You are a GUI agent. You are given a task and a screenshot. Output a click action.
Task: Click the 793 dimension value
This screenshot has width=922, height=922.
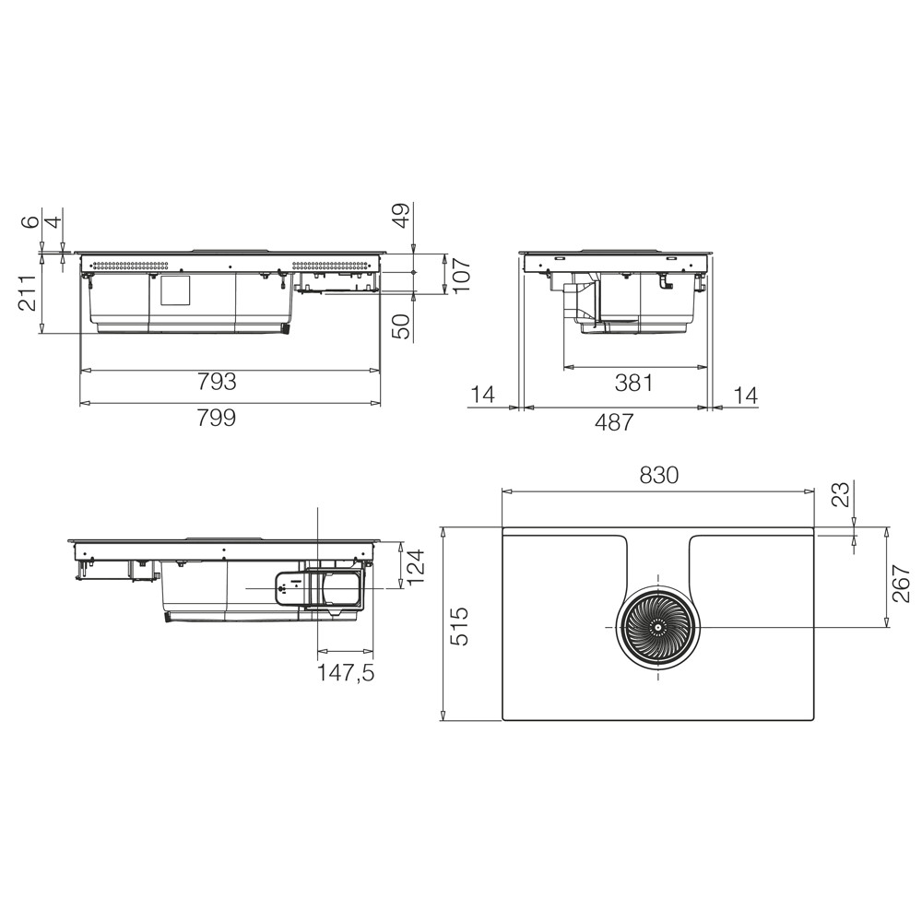[x=217, y=383]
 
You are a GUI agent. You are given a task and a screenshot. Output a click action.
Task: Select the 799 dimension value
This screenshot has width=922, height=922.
[x=217, y=418]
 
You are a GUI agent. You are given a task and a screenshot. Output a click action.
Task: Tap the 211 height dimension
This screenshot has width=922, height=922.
[x=30, y=293]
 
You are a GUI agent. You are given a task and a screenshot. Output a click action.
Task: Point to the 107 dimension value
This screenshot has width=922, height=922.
[x=462, y=274]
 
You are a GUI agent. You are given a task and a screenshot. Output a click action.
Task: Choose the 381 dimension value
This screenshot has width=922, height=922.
[x=633, y=384]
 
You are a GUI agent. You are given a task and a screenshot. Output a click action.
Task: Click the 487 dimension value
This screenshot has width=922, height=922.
[x=614, y=422]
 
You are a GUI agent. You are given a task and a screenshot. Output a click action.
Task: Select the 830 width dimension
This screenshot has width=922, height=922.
[x=658, y=475]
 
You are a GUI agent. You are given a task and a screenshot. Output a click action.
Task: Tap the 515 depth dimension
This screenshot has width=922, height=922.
[x=462, y=626]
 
